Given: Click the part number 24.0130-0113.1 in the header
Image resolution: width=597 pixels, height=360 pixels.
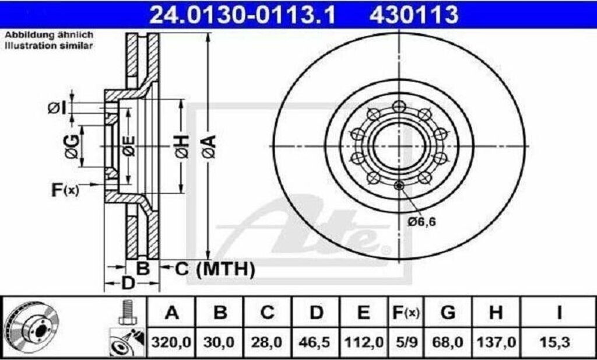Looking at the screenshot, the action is click(x=243, y=15).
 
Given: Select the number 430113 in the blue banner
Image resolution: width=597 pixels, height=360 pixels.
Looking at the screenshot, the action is click(x=414, y=15).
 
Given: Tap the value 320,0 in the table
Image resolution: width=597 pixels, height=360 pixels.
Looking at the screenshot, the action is click(x=171, y=342).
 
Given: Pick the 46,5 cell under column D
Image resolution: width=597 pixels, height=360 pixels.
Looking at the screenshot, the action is click(x=316, y=342).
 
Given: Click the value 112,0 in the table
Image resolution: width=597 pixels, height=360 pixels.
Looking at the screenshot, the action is click(x=364, y=342).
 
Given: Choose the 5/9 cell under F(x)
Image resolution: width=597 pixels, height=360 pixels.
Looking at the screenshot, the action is click(x=406, y=342).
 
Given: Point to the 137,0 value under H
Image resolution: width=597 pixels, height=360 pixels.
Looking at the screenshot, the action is click(x=496, y=342).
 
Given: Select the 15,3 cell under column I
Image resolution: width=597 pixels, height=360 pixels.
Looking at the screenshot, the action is click(x=559, y=342).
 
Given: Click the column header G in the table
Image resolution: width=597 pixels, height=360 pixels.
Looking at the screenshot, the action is click(x=448, y=313).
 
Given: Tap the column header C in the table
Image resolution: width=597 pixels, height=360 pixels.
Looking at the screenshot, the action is click(x=267, y=313).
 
